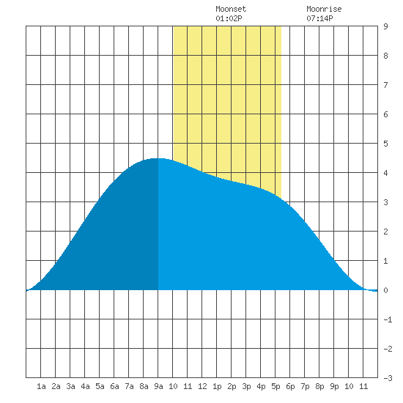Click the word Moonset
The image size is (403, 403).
tap(231, 9)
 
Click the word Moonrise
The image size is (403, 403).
tap(324, 9)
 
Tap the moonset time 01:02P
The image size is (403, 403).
tap(229, 18)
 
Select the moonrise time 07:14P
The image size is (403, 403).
tap(319, 18)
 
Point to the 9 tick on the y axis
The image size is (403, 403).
tap(385, 26)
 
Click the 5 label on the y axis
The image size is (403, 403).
tap(385, 144)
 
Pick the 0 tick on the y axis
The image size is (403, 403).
tap(385, 290)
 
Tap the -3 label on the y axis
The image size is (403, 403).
tap(388, 378)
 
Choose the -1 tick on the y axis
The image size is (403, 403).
tap(388, 319)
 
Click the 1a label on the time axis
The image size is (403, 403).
tap(41, 386)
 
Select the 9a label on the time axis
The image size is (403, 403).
tap(158, 386)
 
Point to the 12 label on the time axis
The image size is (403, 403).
tap(202, 386)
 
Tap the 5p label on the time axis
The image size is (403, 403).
tap(276, 386)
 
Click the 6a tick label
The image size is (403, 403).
tap(114, 386)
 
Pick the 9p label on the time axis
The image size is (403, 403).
tap(334, 386)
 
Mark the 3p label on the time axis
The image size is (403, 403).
tap(246, 386)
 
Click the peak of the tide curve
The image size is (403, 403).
tap(158, 158)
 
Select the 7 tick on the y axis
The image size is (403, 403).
tap(385, 85)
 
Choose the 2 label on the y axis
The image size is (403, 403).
tap(385, 232)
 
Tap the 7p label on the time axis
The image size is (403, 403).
tap(305, 386)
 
